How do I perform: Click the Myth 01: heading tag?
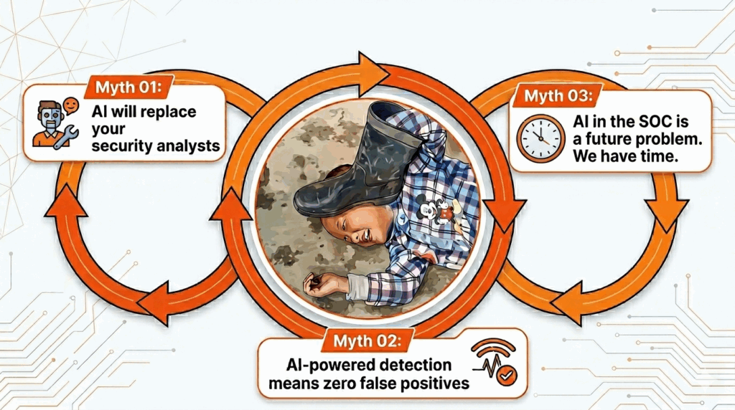coord(128,87)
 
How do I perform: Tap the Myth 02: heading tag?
coord(367,340)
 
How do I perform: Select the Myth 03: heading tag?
coord(558,96)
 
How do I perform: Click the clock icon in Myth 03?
coord(541,139)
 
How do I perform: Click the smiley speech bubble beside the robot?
coord(71,105)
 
